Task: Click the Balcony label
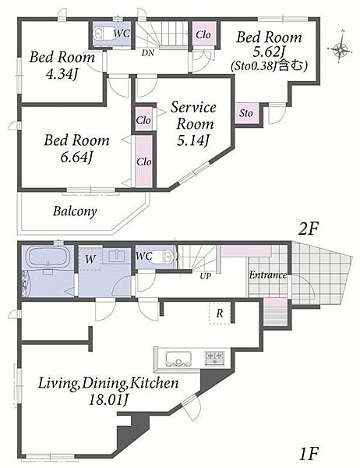tap(75, 211)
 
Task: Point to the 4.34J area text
tap(62, 74)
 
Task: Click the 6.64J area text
tap(76, 157)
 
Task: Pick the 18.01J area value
tap(109, 399)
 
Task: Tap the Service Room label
tap(194, 115)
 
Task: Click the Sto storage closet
tap(246, 113)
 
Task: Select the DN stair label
tap(148, 53)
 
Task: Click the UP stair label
tap(205, 276)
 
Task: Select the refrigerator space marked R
tap(220, 313)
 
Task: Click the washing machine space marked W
tap(90, 259)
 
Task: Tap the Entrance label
tap(268, 275)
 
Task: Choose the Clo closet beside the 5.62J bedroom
tap(203, 34)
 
